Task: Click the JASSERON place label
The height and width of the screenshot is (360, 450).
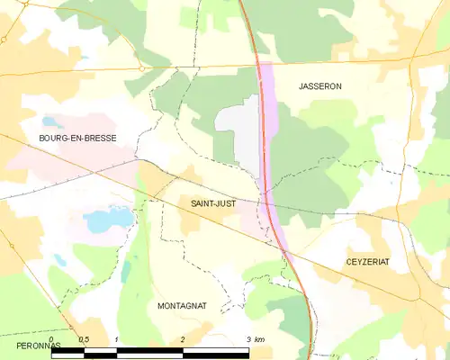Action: point(320,86)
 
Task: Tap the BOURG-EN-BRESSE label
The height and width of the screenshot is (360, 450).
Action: point(77,138)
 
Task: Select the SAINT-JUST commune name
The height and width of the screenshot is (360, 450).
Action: point(213,204)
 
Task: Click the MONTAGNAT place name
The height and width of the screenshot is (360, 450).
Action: point(182,306)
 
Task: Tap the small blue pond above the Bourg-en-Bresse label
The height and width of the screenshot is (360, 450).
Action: point(51,121)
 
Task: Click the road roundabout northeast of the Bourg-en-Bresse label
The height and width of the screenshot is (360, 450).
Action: point(142,67)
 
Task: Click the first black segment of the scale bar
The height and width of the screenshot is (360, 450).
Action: point(68,353)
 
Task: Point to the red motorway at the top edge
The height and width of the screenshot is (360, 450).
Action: point(241,4)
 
